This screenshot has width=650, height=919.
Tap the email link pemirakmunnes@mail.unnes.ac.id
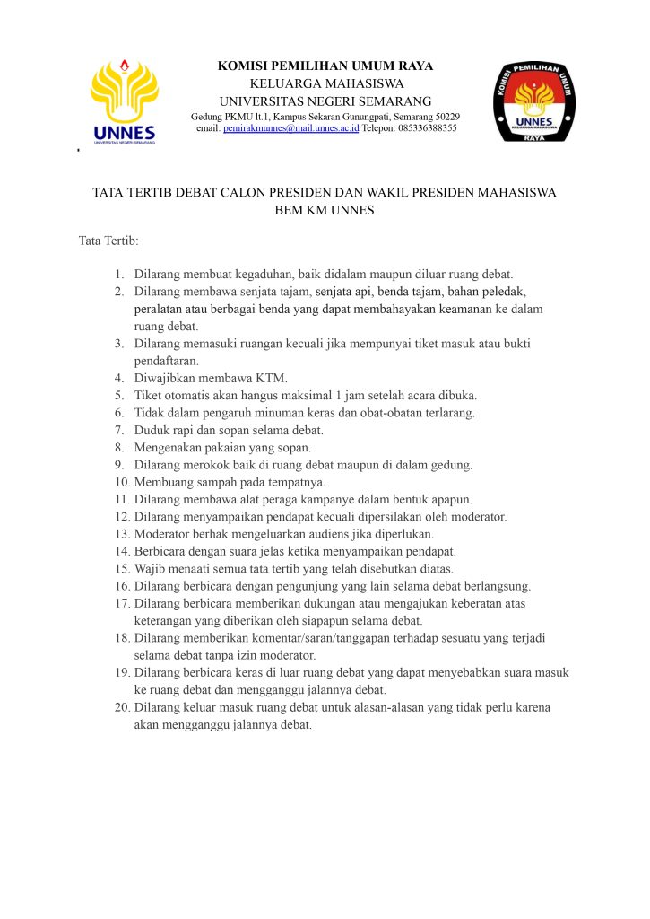[x=291, y=128]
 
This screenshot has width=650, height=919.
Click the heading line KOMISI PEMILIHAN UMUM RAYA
[x=325, y=66]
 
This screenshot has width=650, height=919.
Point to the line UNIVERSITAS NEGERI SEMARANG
[x=325, y=101]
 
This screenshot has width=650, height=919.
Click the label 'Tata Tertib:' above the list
[x=108, y=241]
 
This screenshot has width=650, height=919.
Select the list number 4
[x=119, y=377]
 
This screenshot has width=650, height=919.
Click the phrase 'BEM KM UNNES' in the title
[x=325, y=211]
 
